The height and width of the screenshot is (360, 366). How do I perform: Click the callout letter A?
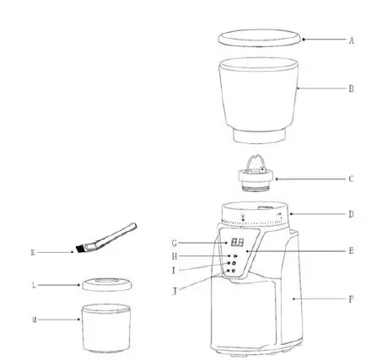click(x=351, y=40)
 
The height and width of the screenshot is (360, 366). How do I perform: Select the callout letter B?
click(x=351, y=87)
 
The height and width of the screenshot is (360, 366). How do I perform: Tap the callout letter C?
click(x=351, y=179)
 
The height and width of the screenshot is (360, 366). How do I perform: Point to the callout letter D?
click(x=351, y=214)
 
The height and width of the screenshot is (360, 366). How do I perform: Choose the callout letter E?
click(x=351, y=250)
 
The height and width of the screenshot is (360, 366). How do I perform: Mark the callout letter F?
click(x=351, y=298)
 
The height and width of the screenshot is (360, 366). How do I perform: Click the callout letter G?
click(x=173, y=242)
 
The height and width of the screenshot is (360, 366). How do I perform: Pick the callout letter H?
click(x=173, y=255)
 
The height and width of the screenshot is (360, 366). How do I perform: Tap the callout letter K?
click(x=32, y=251)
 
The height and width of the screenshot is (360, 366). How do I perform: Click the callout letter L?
click(x=32, y=285)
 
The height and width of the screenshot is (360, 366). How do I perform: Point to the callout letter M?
click(x=32, y=320)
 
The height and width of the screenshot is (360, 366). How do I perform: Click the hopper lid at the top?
click(x=260, y=38)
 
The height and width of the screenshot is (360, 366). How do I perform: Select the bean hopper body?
click(x=260, y=97)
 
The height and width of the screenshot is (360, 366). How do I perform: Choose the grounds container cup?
click(x=105, y=329)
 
